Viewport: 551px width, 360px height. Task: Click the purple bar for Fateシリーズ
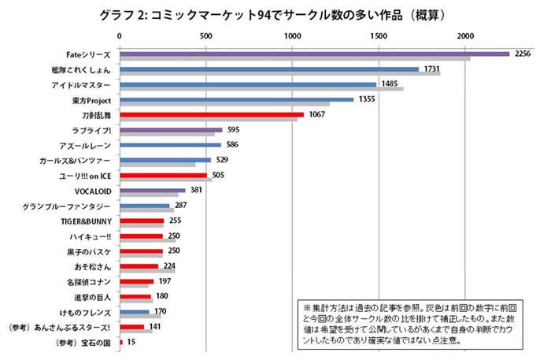click(x=315, y=54)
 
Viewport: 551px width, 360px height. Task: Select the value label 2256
click(x=523, y=54)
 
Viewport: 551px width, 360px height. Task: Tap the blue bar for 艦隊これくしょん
click(x=269, y=69)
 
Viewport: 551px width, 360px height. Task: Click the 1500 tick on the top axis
click(x=379, y=35)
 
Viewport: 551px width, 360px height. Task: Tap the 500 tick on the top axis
click(x=206, y=35)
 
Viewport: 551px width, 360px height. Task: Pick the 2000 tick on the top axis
click(x=466, y=35)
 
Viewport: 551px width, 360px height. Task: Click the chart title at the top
click(x=276, y=15)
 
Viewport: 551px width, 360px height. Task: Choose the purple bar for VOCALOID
click(x=153, y=190)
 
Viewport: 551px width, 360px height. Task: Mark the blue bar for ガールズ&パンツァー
click(x=165, y=160)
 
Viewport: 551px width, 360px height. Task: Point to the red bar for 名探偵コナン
click(x=137, y=281)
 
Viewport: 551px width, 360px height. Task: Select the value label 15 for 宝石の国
click(x=131, y=342)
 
